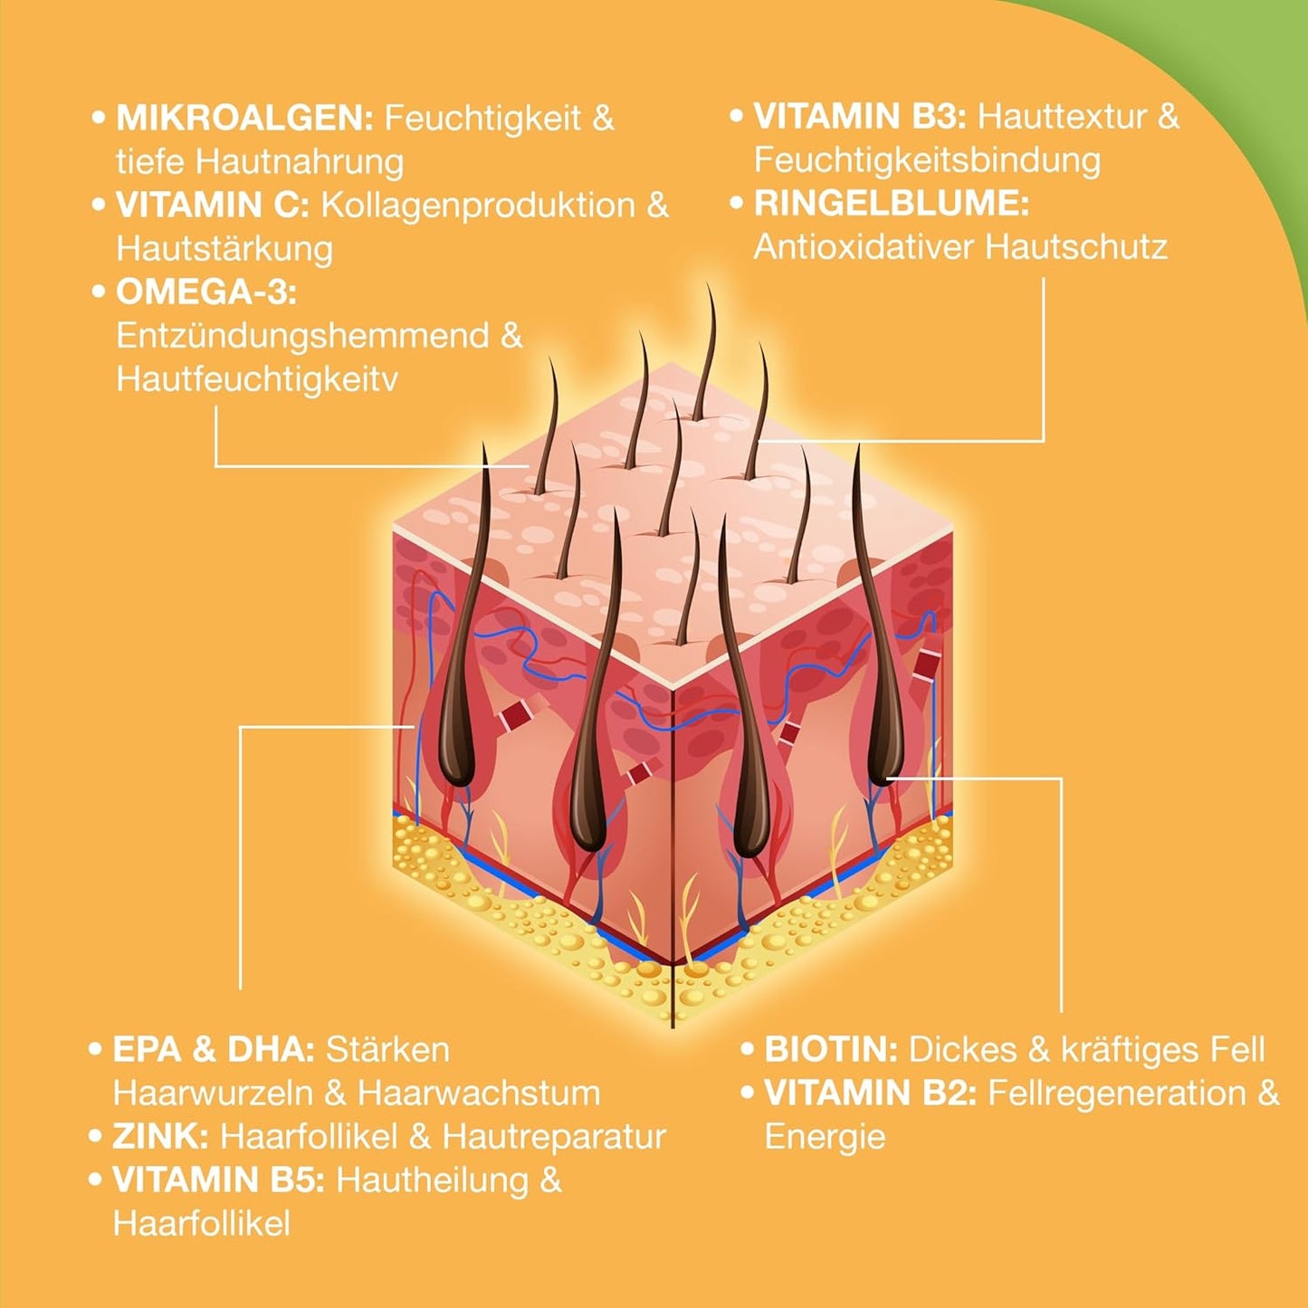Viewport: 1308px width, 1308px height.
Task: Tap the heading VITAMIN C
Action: point(212,205)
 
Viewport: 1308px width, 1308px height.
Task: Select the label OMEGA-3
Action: point(206,292)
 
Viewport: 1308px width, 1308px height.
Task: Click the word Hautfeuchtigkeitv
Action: point(257,379)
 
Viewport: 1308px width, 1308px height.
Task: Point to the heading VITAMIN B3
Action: point(860,117)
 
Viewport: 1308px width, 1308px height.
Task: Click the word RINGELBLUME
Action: point(891,204)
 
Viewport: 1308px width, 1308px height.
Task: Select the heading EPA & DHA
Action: point(213,1049)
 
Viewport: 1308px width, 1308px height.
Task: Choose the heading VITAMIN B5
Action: point(218,1179)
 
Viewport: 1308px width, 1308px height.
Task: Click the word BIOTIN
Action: point(830,1049)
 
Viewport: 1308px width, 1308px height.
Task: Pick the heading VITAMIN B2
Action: point(870,1093)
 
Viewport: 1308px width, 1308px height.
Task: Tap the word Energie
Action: point(825,1137)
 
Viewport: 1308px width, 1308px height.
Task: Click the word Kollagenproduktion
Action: point(478,205)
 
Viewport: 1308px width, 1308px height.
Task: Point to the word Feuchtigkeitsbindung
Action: point(927,160)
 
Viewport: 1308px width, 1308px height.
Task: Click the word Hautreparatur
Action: point(554,1136)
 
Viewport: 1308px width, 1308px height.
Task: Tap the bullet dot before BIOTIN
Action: point(747,1049)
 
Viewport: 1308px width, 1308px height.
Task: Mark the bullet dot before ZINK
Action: point(95,1136)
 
